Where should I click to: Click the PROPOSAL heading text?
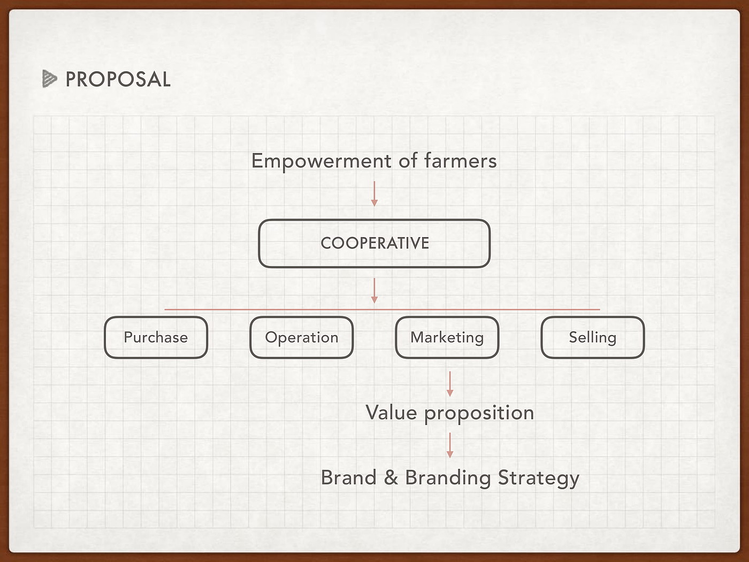pyautogui.click(x=118, y=80)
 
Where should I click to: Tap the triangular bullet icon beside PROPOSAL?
pyautogui.click(x=49, y=79)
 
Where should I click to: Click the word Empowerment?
pyautogui.click(x=322, y=161)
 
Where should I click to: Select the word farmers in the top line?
pyautogui.click(x=460, y=161)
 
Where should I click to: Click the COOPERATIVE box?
pyautogui.click(x=374, y=244)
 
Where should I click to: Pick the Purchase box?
pyautogui.click(x=156, y=338)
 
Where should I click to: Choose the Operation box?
pyautogui.click(x=302, y=338)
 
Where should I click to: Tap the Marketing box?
pyautogui.click(x=447, y=338)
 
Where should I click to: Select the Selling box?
pyautogui.click(x=593, y=338)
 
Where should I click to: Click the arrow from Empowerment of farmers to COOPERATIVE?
pyautogui.click(x=374, y=194)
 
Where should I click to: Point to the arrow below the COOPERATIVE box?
pyautogui.click(x=374, y=291)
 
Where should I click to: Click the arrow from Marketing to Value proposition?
pyautogui.click(x=450, y=384)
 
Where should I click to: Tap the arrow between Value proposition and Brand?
pyautogui.click(x=450, y=445)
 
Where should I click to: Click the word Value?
pyautogui.click(x=391, y=413)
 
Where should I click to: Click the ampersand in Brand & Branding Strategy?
pyautogui.click(x=391, y=477)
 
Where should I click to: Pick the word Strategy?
pyautogui.click(x=539, y=478)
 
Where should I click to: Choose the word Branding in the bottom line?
pyautogui.click(x=448, y=478)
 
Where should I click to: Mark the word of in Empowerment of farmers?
pyautogui.click(x=408, y=161)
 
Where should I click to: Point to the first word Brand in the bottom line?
pyautogui.click(x=349, y=477)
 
